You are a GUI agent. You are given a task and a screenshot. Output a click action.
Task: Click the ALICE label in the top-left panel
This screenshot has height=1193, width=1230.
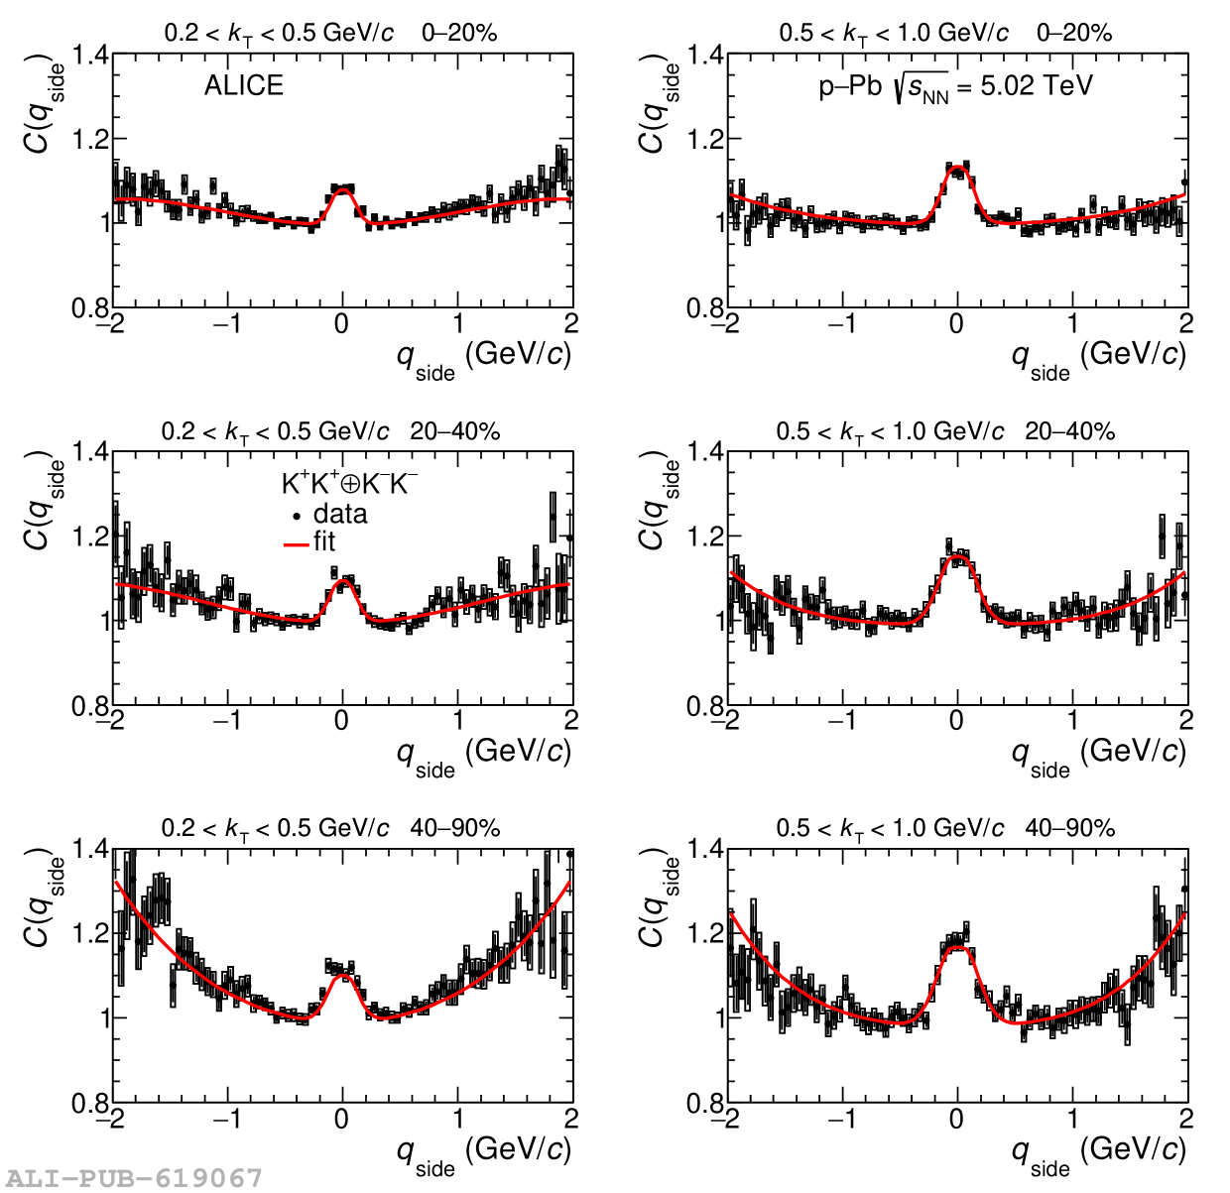[243, 86]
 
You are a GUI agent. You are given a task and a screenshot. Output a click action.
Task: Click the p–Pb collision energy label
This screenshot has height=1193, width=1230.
[954, 87]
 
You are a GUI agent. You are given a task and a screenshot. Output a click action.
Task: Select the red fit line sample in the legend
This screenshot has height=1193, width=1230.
[297, 543]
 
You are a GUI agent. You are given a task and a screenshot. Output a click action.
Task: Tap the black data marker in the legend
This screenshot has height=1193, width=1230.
[297, 516]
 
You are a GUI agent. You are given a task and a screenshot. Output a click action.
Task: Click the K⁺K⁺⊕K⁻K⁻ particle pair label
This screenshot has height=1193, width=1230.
[349, 484]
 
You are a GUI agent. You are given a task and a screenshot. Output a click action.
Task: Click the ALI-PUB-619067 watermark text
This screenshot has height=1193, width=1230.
[132, 1177]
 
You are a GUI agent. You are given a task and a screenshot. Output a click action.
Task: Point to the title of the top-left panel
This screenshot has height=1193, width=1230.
[330, 33]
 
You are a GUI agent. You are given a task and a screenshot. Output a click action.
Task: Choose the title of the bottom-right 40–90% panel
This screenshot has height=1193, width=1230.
[945, 828]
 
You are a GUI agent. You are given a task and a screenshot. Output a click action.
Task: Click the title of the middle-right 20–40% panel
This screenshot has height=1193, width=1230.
[945, 431]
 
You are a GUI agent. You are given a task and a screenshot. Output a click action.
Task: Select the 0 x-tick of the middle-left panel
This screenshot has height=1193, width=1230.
[342, 721]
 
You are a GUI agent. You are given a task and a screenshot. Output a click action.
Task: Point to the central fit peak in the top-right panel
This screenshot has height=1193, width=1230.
[957, 168]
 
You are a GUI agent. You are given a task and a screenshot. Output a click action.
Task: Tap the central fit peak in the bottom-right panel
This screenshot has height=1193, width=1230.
[957, 948]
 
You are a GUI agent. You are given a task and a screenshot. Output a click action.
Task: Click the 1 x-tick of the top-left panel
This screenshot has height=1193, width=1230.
[457, 324]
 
